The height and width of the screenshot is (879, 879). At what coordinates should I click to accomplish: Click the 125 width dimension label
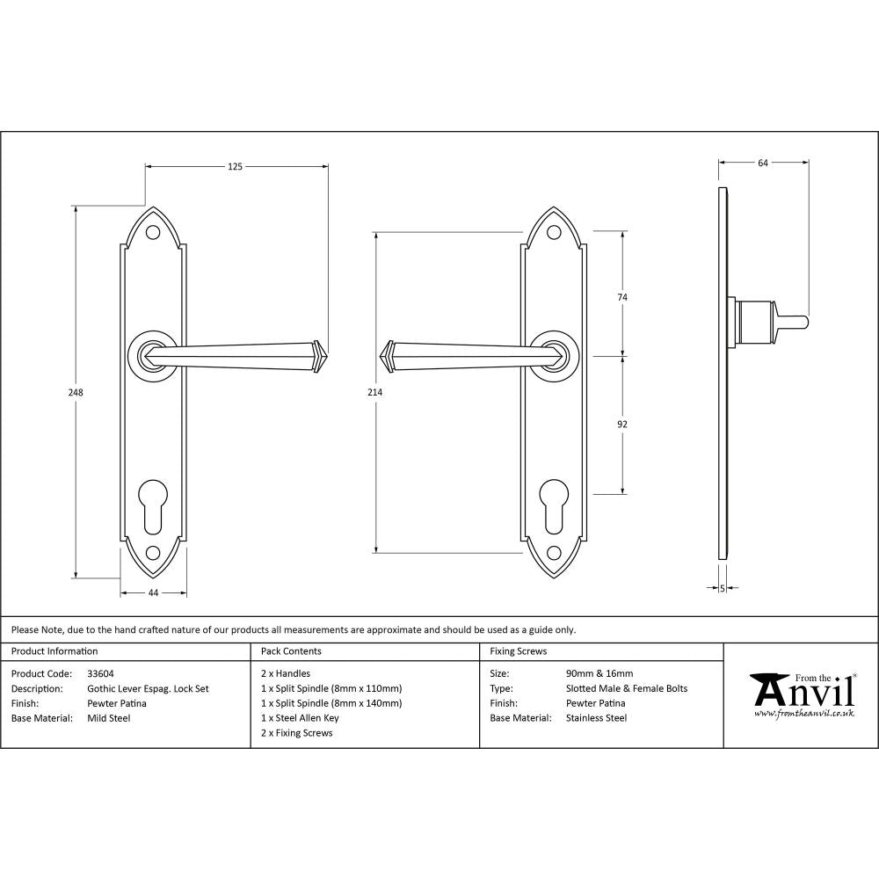(x=235, y=165)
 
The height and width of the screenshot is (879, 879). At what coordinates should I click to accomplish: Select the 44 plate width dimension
(x=153, y=593)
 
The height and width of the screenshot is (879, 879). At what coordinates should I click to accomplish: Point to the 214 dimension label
(x=375, y=393)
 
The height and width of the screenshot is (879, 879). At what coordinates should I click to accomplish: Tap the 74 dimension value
(x=622, y=298)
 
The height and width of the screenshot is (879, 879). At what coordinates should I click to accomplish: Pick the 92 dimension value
(x=622, y=425)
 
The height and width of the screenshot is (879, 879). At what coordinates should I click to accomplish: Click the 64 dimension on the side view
(x=762, y=163)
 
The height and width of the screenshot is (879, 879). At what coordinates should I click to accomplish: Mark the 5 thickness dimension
(x=722, y=588)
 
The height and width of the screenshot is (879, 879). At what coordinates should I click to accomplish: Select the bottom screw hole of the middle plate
(x=553, y=553)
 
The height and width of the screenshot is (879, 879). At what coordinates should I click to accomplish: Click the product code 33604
(x=101, y=674)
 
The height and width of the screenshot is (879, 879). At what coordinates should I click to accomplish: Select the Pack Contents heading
(x=291, y=651)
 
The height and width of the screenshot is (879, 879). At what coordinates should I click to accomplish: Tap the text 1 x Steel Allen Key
(x=299, y=718)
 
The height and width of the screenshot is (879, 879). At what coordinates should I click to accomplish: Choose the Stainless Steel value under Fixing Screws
(x=596, y=718)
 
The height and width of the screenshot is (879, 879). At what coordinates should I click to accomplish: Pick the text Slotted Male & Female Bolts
(x=627, y=689)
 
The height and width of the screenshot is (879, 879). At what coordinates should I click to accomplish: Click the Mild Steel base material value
(x=108, y=718)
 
